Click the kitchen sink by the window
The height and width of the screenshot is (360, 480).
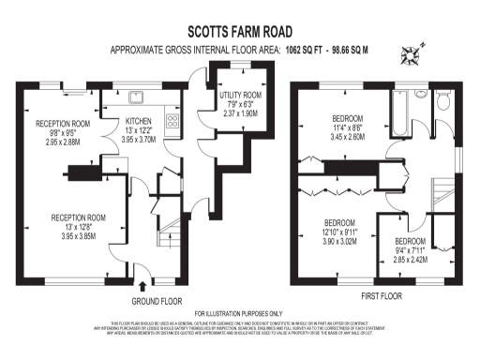(x=137, y=95)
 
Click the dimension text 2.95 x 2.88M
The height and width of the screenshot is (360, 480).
(x=62, y=142)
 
